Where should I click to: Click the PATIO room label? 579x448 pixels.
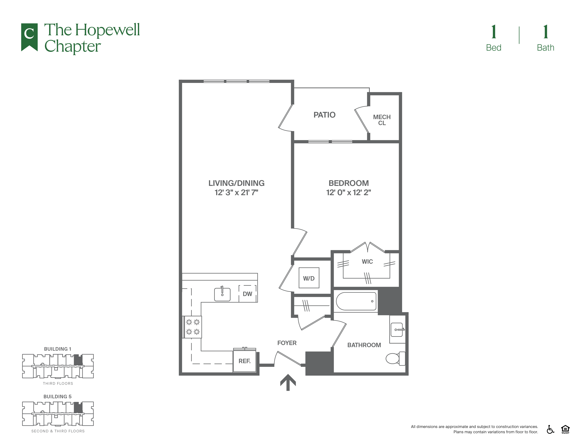[x=324, y=115]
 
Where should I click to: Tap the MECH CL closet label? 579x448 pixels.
[x=382, y=120]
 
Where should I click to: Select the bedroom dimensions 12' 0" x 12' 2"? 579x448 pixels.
[x=348, y=192]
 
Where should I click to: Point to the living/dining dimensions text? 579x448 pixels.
[x=236, y=192]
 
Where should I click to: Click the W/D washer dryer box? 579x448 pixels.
[x=309, y=278]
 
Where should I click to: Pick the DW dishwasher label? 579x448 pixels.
[x=247, y=294]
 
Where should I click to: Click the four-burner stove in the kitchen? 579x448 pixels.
[x=193, y=327]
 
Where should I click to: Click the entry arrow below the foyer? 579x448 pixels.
[x=288, y=382]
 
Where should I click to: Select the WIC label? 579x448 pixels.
[x=367, y=262]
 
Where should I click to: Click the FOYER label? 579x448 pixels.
[x=287, y=343]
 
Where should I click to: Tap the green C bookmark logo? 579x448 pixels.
[x=29, y=37]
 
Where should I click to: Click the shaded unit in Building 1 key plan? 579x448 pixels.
[x=78, y=360]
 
